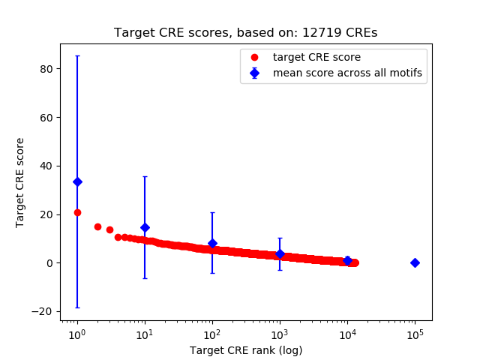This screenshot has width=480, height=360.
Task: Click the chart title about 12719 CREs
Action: [x=245, y=33]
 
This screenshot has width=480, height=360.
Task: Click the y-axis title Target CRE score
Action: [x=20, y=182]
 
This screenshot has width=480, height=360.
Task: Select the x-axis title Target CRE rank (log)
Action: [x=245, y=350]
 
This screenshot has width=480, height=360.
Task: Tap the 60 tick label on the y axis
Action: [x=46, y=118]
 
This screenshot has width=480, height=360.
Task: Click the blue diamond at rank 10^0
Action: [x=77, y=181]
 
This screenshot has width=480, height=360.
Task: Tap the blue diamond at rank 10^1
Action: [x=145, y=227]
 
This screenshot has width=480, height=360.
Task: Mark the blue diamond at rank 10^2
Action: [x=212, y=243]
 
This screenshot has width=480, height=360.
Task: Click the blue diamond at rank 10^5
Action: [x=415, y=262]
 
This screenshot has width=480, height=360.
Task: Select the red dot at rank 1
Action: [x=77, y=212]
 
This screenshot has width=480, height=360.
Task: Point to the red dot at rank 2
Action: [x=97, y=226]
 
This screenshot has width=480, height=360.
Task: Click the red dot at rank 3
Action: [x=109, y=229]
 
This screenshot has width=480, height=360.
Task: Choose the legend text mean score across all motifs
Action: [x=347, y=73]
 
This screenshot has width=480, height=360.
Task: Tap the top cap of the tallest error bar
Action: [x=77, y=55]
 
